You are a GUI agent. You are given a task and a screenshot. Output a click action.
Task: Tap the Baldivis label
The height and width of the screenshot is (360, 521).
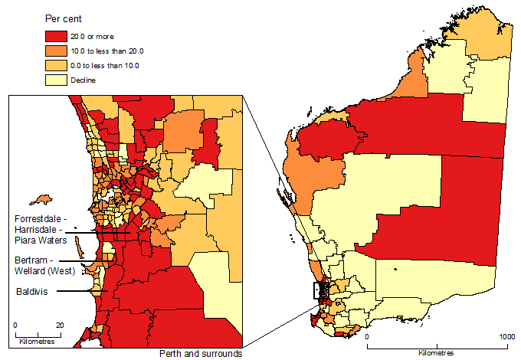click(x=31, y=292)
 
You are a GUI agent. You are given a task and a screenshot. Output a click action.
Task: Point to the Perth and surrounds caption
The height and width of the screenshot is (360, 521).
click(x=201, y=354)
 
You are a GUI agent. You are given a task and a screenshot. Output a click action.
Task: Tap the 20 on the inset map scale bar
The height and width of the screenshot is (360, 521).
click(x=60, y=325)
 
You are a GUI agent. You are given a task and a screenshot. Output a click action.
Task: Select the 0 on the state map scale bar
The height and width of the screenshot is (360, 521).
click(x=367, y=337)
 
